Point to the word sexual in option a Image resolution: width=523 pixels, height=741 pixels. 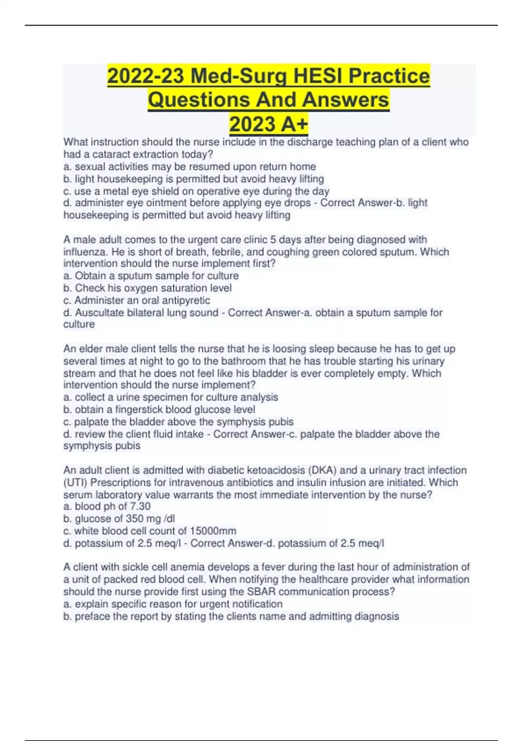pyautogui.click(x=89, y=167)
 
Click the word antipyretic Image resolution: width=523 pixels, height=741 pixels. pyautogui.click(x=184, y=300)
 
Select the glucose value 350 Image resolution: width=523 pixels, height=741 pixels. pyautogui.click(x=135, y=519)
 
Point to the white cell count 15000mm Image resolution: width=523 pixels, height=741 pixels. pyautogui.click(x=213, y=531)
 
